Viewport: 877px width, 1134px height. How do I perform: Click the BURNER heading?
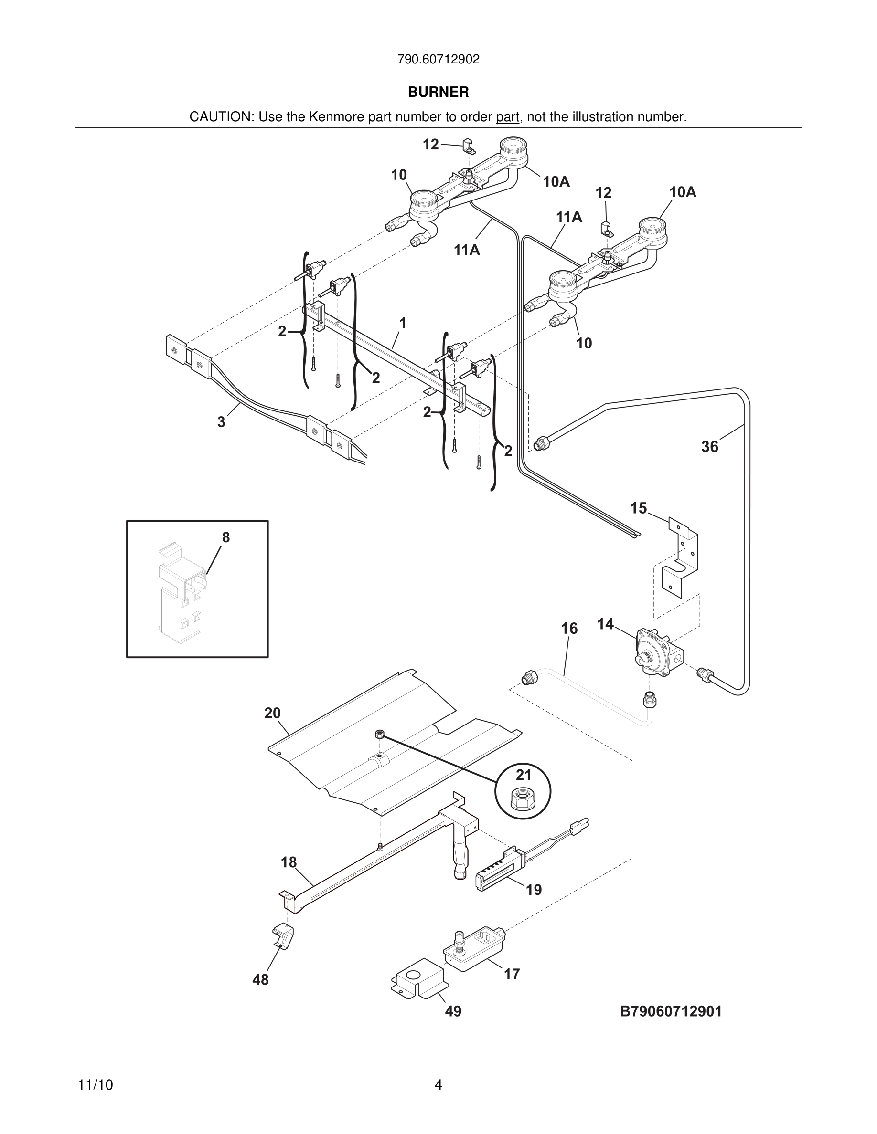438,92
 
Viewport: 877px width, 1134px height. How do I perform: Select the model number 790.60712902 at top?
438,59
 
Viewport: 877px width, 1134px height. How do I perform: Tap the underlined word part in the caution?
507,117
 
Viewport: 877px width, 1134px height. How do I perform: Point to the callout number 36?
709,447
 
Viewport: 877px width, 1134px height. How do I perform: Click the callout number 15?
638,508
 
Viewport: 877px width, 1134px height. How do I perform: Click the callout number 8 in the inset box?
225,537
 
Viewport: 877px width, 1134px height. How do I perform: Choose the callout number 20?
272,713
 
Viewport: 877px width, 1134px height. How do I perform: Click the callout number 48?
260,979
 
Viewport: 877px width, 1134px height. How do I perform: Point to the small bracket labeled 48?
282,935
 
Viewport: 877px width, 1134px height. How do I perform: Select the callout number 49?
453,1011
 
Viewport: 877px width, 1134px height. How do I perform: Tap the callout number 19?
534,890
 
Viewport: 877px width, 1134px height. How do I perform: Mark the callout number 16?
569,628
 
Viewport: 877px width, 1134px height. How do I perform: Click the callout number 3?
221,422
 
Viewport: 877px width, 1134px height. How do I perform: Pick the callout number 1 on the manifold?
402,323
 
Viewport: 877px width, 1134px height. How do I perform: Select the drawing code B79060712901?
671,1011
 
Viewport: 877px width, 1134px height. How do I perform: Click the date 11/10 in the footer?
95,1085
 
